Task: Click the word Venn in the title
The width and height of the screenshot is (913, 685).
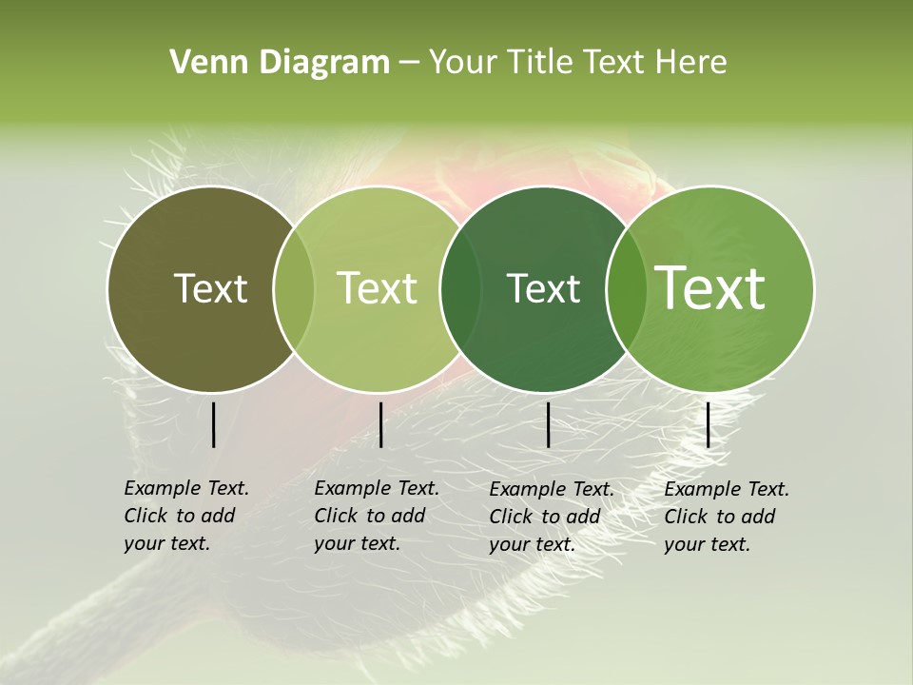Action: pyautogui.click(x=203, y=63)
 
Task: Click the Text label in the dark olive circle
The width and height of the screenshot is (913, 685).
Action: pyautogui.click(x=211, y=288)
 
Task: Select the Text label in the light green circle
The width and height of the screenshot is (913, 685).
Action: pyautogui.click(x=378, y=288)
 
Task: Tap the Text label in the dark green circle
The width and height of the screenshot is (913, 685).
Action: pyautogui.click(x=543, y=288)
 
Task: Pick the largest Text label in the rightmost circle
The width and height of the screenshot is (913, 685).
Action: pyautogui.click(x=710, y=288)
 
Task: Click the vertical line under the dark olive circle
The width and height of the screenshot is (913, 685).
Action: pyautogui.click(x=213, y=424)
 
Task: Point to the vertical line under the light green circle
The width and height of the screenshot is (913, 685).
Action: pyautogui.click(x=380, y=424)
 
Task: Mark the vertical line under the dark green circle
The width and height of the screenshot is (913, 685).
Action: pyautogui.click(x=548, y=424)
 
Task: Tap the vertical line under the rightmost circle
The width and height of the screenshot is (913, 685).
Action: pyautogui.click(x=708, y=424)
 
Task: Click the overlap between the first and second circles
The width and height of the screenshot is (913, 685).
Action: pyautogui.click(x=294, y=289)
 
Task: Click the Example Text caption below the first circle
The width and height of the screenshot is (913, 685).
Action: pyautogui.click(x=185, y=516)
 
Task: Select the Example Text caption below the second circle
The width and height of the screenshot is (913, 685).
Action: pyautogui.click(x=376, y=516)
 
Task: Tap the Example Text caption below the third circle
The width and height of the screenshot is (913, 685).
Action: pyautogui.click(x=551, y=517)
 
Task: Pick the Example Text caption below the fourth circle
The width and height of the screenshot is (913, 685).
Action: pyautogui.click(x=726, y=517)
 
